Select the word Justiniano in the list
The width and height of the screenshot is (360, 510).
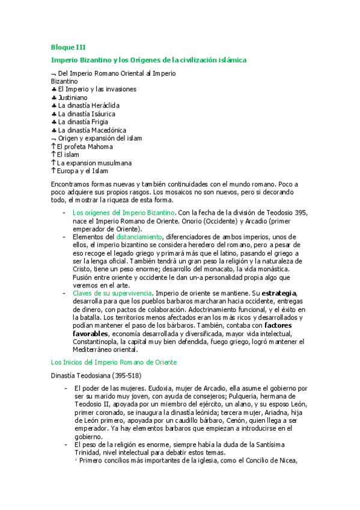click(x=72, y=97)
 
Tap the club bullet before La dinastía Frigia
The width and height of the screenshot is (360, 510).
click(x=53, y=121)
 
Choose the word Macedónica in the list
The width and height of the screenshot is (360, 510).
click(x=106, y=130)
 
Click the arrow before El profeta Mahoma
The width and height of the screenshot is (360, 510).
click(x=53, y=146)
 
